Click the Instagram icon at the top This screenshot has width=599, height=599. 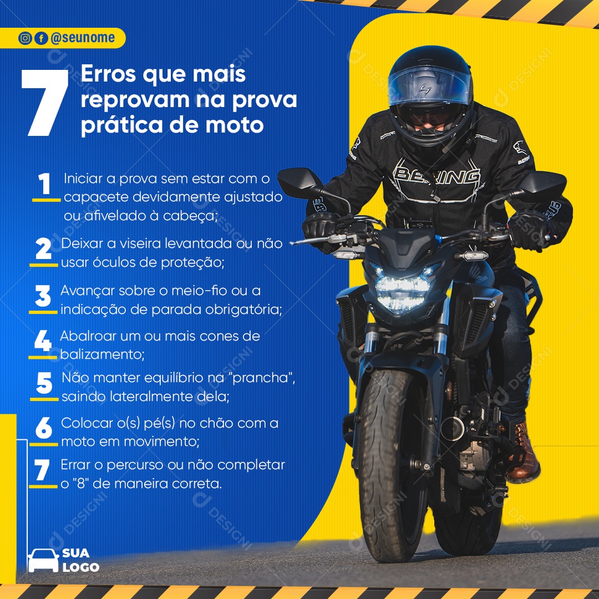(25, 38)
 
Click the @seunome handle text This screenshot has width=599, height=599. (82, 38)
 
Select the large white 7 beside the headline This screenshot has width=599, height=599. (45, 103)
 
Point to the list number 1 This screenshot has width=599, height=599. (44, 185)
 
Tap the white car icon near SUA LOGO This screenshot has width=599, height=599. (43, 560)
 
